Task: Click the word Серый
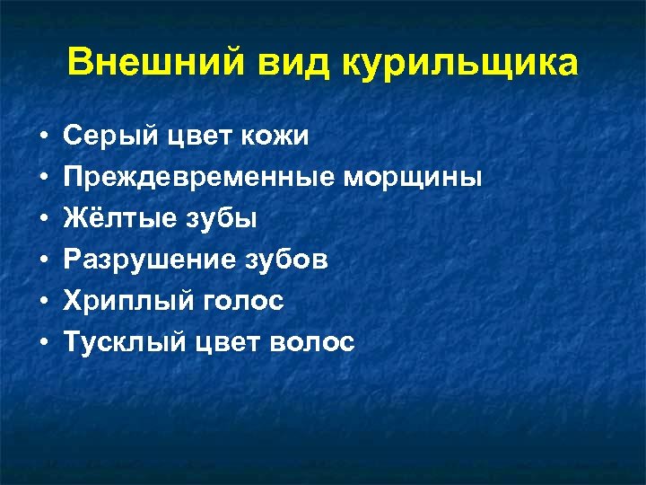point(100,137)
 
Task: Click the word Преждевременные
point(198,178)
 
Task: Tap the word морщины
point(413,178)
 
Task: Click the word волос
point(315,342)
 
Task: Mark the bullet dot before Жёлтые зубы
point(43,219)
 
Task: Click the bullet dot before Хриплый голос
point(43,302)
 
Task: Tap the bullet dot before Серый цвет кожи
point(43,137)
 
